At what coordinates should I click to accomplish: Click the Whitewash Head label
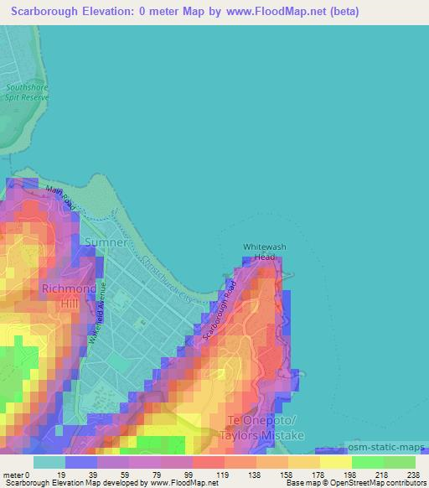tap(259, 252)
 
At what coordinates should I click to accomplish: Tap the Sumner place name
tap(106, 243)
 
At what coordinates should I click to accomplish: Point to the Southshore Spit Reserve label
tap(26, 91)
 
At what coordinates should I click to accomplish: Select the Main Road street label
tap(60, 198)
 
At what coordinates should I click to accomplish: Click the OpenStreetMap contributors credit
tap(376, 483)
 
